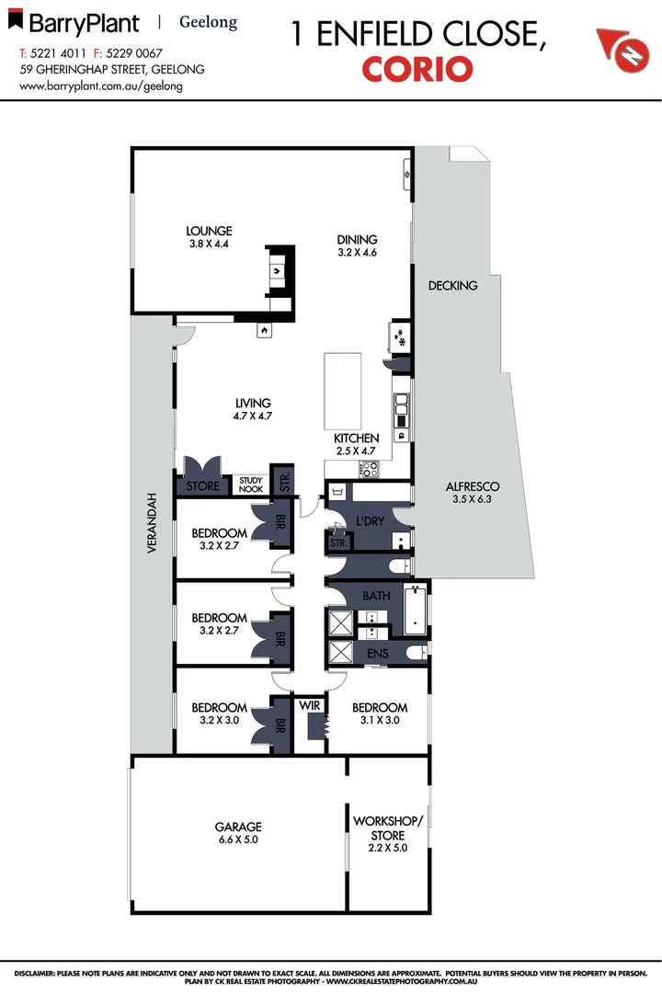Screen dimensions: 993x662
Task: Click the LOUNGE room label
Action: tap(209, 231)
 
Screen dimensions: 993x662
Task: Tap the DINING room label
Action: tap(357, 240)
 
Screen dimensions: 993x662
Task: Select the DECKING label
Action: tap(452, 286)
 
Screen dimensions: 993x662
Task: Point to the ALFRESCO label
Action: tap(472, 487)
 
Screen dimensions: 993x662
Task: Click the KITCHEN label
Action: tap(356, 439)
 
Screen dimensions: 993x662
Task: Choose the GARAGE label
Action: tap(239, 827)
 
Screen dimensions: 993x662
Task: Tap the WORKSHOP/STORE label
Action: tap(387, 827)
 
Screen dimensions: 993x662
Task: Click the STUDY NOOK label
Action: tap(251, 485)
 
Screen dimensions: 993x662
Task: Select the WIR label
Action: tap(309, 707)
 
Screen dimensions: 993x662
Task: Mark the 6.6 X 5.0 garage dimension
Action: tap(239, 839)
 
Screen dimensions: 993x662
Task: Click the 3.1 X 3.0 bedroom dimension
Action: tap(379, 720)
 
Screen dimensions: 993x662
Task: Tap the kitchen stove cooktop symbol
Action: tap(370, 470)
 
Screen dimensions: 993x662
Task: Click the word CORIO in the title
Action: tap(417, 69)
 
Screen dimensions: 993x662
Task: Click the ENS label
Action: tap(377, 654)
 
